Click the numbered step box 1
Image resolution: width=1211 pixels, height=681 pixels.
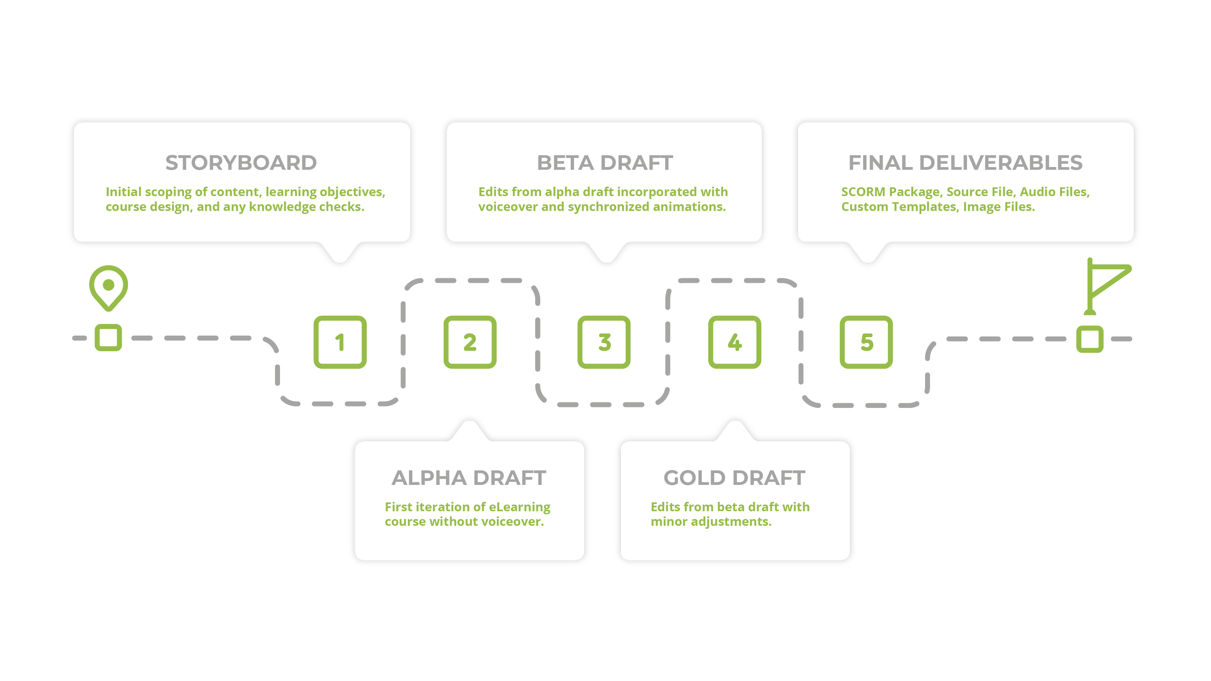click(x=340, y=342)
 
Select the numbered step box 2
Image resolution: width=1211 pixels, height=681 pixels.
click(x=470, y=342)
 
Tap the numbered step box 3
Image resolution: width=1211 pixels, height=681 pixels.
click(x=604, y=342)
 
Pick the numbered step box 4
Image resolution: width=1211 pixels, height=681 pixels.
click(x=735, y=342)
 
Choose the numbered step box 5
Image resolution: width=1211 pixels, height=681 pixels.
click(x=866, y=342)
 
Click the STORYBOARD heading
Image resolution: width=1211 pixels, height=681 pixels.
click(x=241, y=163)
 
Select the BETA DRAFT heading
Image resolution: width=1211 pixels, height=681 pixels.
click(x=605, y=163)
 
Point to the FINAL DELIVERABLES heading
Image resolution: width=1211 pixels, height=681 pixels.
click(x=965, y=163)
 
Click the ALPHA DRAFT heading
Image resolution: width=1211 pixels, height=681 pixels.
click(x=469, y=478)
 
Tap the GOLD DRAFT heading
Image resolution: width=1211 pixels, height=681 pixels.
click(x=734, y=478)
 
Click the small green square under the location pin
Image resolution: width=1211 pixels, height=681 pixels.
click(x=109, y=338)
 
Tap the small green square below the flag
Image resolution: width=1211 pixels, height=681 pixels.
click(x=1090, y=339)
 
